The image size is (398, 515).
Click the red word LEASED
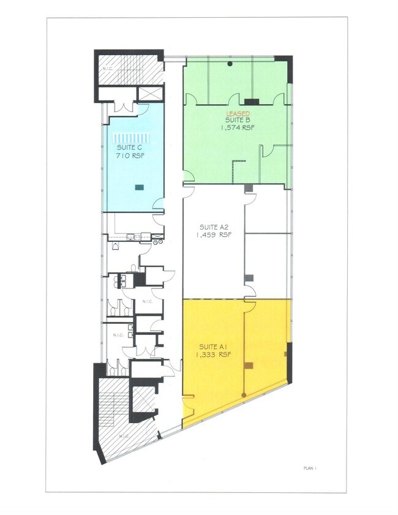click(x=238, y=114)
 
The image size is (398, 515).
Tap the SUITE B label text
click(x=238, y=120)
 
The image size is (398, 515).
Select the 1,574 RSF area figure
click(x=238, y=128)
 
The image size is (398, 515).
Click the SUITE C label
click(x=130, y=148)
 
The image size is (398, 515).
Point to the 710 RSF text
click(x=130, y=156)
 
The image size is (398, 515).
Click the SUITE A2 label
click(x=214, y=227)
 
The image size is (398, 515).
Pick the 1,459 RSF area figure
click(x=214, y=235)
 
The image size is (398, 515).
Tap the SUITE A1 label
click(x=213, y=347)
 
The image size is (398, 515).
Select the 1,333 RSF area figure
click(x=214, y=355)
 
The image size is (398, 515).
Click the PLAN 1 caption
click(x=310, y=468)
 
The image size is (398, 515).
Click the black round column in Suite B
click(x=230, y=64)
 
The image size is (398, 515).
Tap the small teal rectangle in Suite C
click(x=139, y=187)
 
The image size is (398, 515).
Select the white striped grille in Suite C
click(x=131, y=137)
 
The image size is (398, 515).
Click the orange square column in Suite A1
click(x=249, y=365)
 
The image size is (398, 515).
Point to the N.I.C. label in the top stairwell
click(x=106, y=69)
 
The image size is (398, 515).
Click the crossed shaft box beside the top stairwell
click(x=151, y=94)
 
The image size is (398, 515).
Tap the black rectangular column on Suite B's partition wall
click(x=252, y=102)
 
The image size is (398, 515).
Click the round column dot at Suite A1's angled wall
click(x=244, y=395)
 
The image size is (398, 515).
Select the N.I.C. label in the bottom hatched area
click(x=124, y=436)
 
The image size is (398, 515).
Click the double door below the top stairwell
click(x=124, y=107)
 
